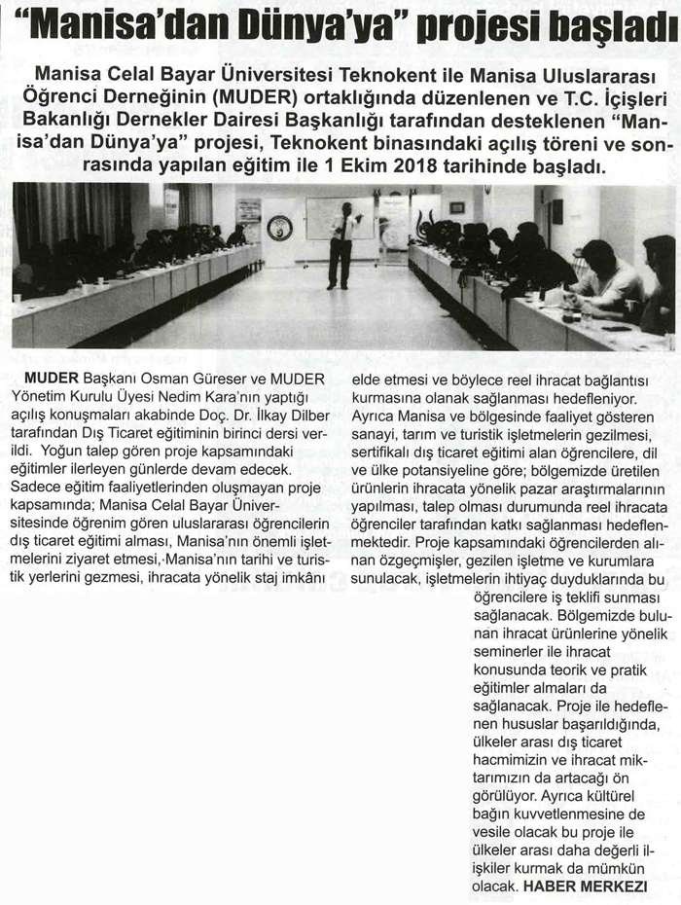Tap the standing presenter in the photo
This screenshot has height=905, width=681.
[342, 243]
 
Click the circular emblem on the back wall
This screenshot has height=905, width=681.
[280, 228]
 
